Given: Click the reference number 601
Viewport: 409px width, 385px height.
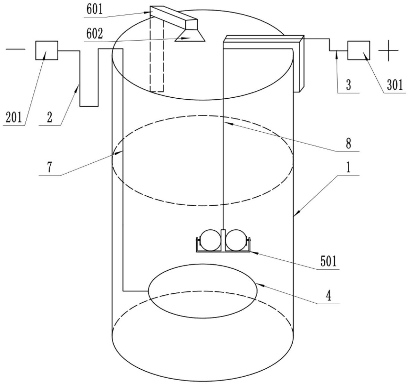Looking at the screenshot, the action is (x=95, y=10).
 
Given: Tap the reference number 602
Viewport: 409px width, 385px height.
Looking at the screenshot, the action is (x=95, y=34).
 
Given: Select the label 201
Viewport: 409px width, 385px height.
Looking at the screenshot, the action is (x=14, y=118).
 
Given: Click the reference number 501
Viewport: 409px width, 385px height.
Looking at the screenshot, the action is (x=328, y=261).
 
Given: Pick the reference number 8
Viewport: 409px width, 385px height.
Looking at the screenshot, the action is (x=348, y=143).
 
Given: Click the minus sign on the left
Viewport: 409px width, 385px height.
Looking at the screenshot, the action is (x=15, y=49).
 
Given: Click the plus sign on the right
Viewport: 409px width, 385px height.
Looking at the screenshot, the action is (x=388, y=50).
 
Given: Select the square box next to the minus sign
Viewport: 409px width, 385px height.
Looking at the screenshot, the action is (x=47, y=50).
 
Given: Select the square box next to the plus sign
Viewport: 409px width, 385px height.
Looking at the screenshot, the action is (x=359, y=50).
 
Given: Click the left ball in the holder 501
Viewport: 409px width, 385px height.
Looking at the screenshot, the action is (x=210, y=240).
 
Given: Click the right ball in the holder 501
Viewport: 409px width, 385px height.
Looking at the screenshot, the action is (x=236, y=240).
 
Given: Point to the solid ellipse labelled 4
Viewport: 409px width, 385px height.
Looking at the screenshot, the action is (x=203, y=264).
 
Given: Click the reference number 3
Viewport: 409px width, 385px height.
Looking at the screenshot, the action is (x=348, y=85).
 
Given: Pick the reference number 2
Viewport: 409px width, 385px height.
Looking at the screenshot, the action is (x=49, y=118).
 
